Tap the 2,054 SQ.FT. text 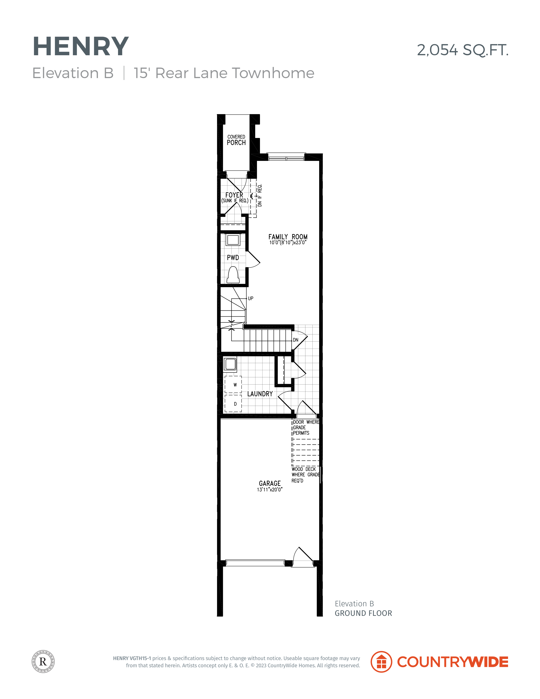point(463,50)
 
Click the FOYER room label point(234,195)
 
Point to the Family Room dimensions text point(288,242)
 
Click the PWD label point(233,258)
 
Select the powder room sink point(233,240)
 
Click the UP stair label point(250,298)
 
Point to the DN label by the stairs point(295,340)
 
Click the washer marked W point(233,384)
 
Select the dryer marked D point(233,404)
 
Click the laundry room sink point(230,364)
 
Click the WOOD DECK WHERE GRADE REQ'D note point(305,475)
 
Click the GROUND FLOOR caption point(363,613)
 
